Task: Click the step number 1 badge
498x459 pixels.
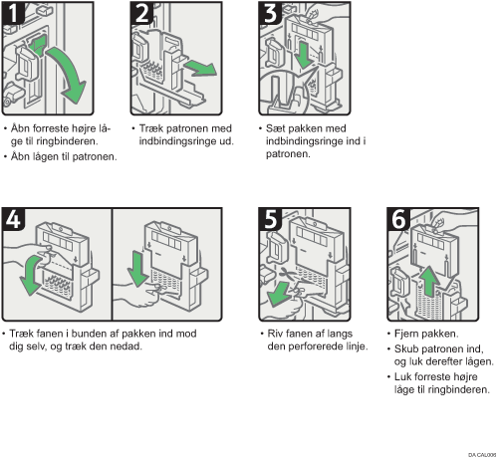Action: coord(13,13)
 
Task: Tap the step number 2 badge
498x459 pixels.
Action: coord(142,13)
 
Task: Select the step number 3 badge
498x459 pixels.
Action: coord(271,13)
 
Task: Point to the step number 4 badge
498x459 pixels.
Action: coord(13,219)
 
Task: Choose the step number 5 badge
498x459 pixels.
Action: coord(271,219)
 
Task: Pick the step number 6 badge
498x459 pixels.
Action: coord(399,219)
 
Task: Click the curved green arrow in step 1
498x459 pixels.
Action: coord(72,70)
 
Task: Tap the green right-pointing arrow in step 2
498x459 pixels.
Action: coord(201,68)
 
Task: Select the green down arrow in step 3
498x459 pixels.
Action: coord(303,55)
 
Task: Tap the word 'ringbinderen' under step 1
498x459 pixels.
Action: coord(67,141)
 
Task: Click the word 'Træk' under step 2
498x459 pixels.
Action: coord(151,128)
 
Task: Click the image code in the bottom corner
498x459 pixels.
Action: coord(482,455)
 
